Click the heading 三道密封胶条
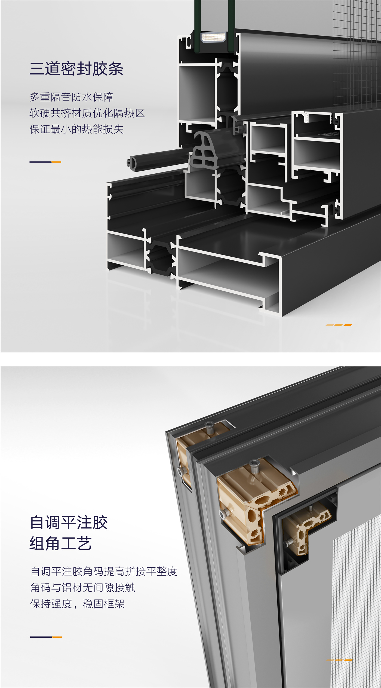[76, 69]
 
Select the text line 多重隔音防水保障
[71, 97]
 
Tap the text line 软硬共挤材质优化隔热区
[87, 113]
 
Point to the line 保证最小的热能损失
[76, 129]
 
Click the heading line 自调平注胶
[69, 522]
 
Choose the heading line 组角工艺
[60, 543]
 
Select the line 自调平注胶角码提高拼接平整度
[104, 571]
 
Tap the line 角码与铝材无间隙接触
[82, 588]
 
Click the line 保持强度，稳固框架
[77, 604]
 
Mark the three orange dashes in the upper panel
[339, 325]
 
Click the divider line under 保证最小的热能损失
[45, 162]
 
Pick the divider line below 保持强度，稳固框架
[46, 637]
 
